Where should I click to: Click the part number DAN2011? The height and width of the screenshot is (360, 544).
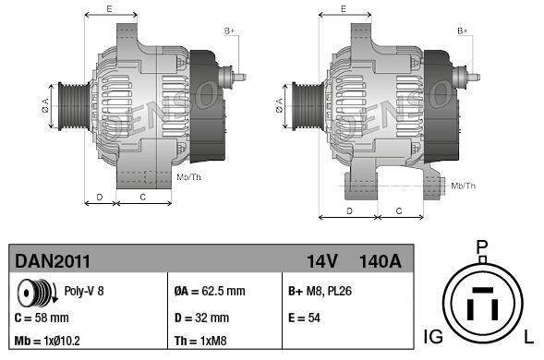(x=53, y=261)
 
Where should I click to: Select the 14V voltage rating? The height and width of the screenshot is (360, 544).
(x=321, y=261)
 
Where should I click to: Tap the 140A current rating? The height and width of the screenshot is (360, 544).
(x=381, y=261)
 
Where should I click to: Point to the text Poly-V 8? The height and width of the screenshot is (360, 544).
(x=84, y=291)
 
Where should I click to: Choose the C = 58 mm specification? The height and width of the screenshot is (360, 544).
(x=42, y=318)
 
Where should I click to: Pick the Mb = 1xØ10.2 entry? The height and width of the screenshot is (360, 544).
(x=47, y=341)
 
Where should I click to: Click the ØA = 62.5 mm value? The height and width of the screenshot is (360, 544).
(x=210, y=291)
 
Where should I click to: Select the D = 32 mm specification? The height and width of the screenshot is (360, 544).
(x=201, y=318)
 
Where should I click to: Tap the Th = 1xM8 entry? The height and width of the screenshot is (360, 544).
(x=200, y=341)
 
